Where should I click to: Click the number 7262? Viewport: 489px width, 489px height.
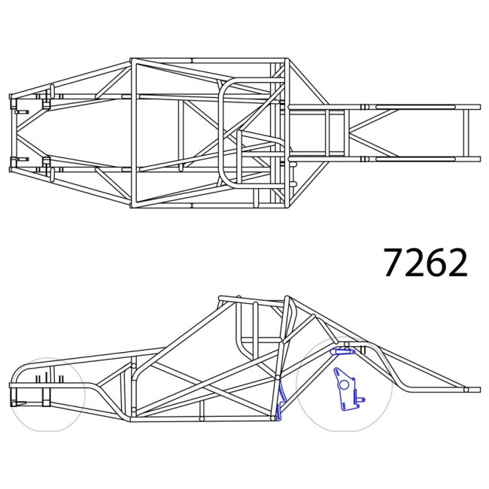426,262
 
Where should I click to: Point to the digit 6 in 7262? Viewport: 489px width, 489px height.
436,262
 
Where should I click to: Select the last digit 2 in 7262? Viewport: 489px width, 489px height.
457,262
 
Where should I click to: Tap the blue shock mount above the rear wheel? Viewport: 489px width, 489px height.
343,351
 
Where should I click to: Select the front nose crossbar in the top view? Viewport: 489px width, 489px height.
12,132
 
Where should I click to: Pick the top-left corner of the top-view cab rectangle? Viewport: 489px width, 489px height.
132,60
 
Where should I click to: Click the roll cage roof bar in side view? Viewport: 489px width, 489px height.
252,299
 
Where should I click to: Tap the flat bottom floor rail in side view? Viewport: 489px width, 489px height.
203,418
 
